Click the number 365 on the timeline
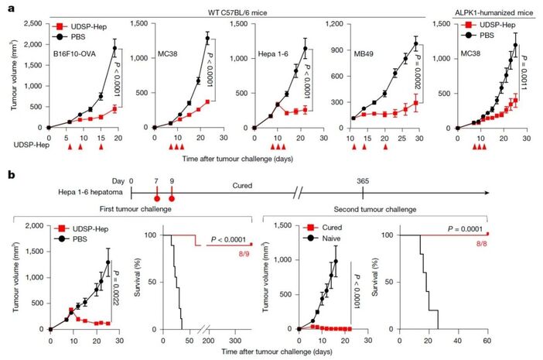(x=363, y=180)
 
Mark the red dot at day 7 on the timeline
(x=157, y=196)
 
